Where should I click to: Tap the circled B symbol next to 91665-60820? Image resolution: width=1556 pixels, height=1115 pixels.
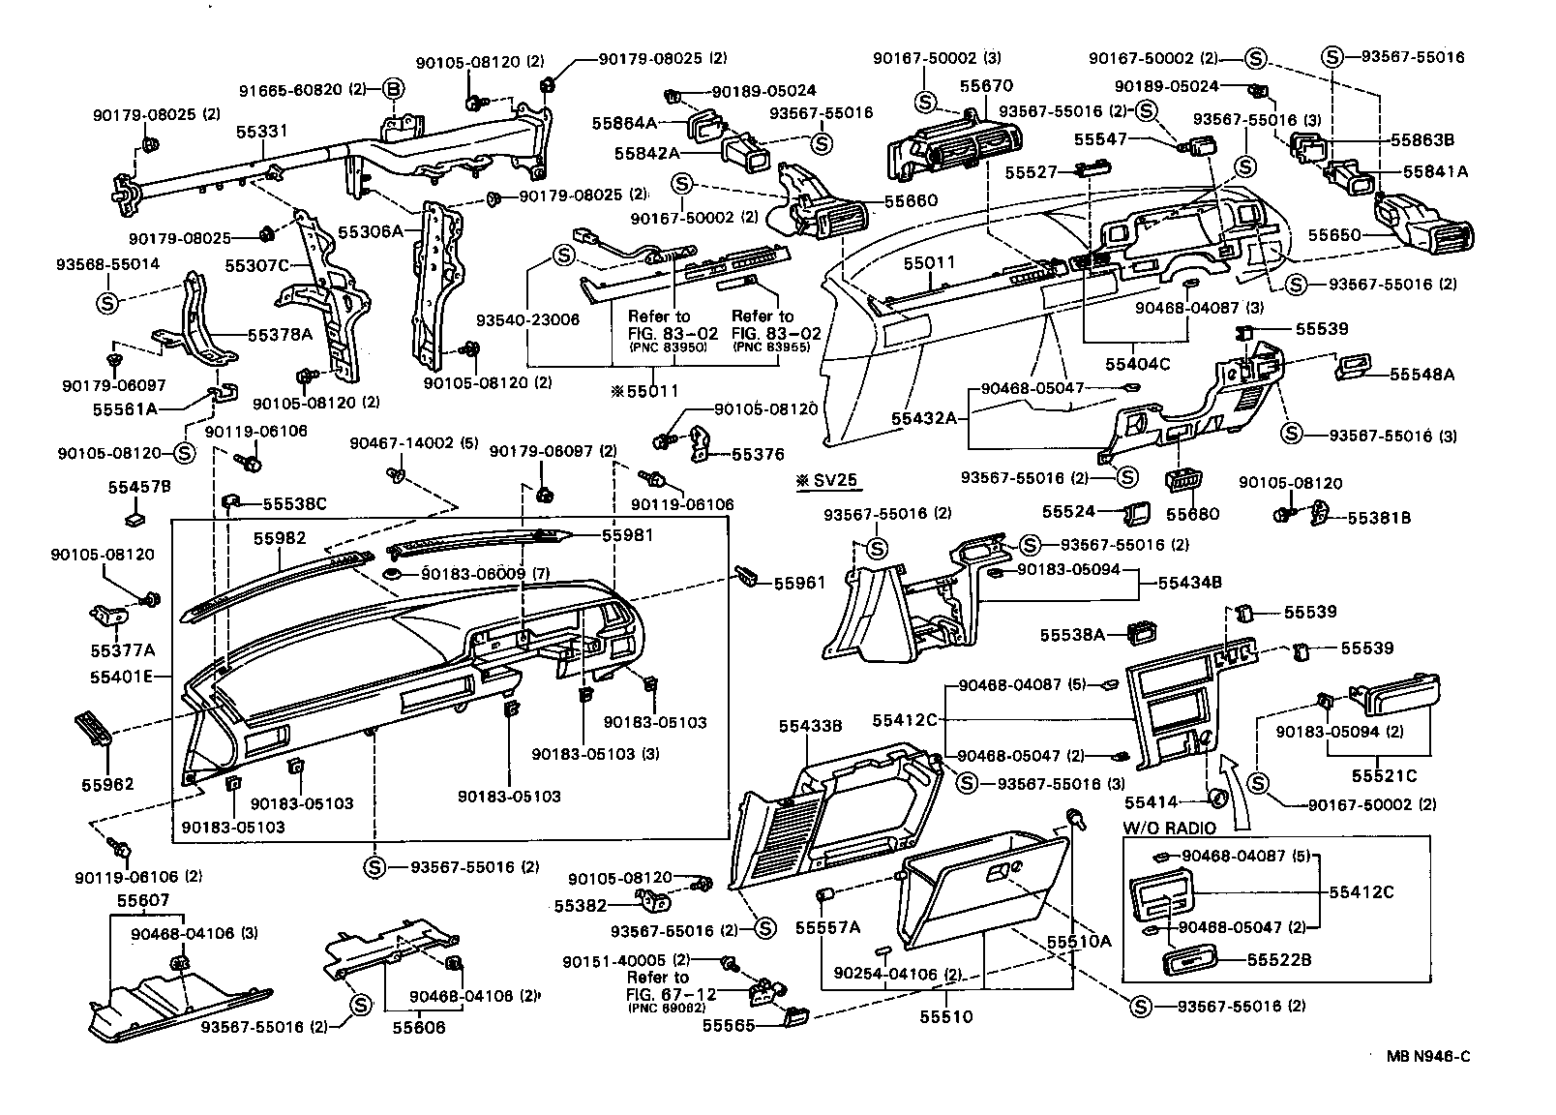pyautogui.click(x=394, y=90)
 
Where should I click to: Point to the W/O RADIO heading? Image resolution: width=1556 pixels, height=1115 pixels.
pyautogui.click(x=1169, y=829)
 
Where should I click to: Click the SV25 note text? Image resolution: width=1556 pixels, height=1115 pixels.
pyautogui.click(x=827, y=480)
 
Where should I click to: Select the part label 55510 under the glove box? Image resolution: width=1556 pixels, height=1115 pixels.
pyautogui.click(x=945, y=1017)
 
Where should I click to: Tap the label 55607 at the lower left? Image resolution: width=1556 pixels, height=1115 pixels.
pyautogui.click(x=143, y=900)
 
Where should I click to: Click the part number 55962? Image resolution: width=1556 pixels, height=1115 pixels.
pyautogui.click(x=106, y=784)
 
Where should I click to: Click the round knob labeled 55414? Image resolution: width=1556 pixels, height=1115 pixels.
pyautogui.click(x=1217, y=799)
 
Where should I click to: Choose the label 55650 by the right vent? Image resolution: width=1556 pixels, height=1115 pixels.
pyautogui.click(x=1334, y=235)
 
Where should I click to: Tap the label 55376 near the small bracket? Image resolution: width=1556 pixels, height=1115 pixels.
pyautogui.click(x=758, y=454)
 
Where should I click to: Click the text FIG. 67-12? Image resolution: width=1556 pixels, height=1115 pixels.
pyautogui.click(x=672, y=993)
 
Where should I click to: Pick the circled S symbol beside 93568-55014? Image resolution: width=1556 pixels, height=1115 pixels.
pyautogui.click(x=107, y=302)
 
